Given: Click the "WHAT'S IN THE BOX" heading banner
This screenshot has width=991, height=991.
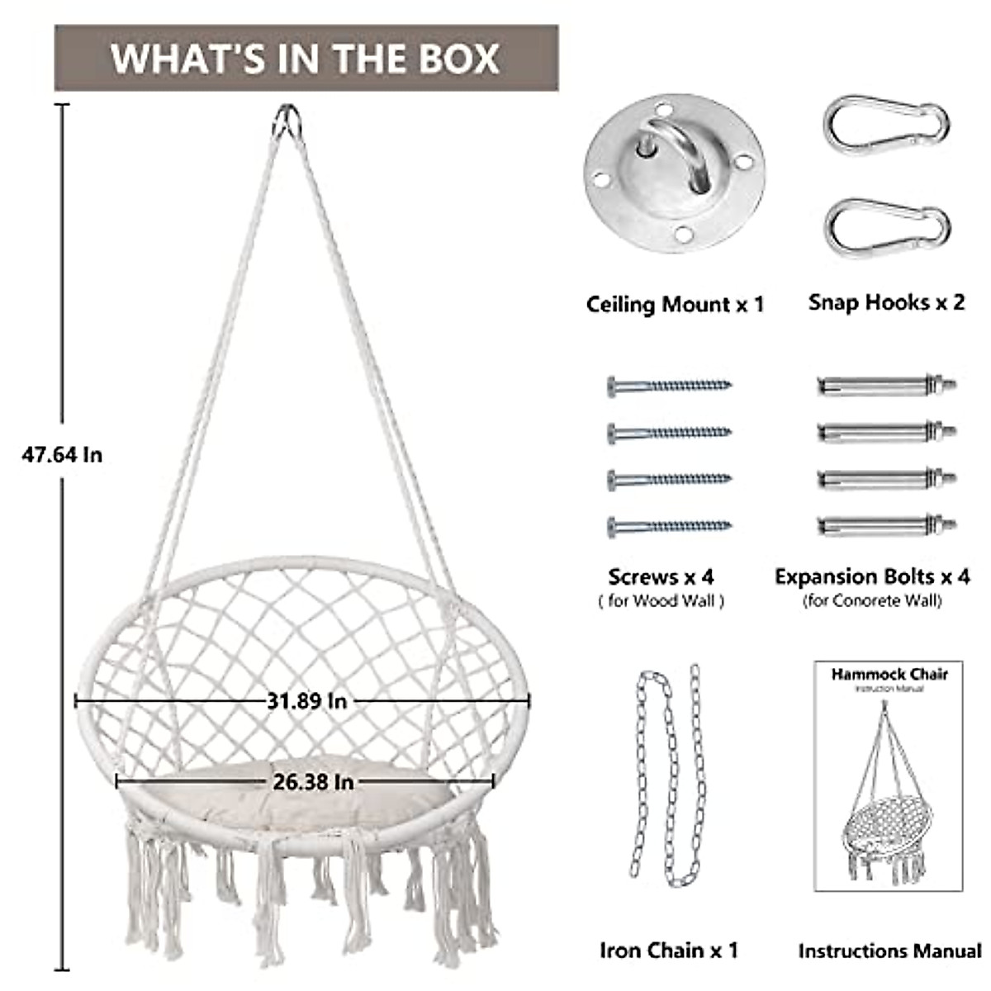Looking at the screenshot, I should tap(306, 58).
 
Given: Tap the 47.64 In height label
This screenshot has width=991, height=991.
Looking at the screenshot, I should tap(62, 454).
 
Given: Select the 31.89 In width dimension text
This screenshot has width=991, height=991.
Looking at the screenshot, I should tap(306, 701).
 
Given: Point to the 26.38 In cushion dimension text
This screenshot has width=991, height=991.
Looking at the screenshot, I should tap(312, 780).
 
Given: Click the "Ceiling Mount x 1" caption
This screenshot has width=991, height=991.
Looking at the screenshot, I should tap(675, 305).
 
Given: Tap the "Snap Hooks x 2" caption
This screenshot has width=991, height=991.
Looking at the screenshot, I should tap(886, 302).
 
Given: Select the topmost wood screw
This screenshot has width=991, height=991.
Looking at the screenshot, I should tap(669, 385).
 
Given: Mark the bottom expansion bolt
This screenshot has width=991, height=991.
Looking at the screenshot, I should tap(886, 525).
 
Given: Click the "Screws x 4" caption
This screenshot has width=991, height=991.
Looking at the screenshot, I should tap(661, 576).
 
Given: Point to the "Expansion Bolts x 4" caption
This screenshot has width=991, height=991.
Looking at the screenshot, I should tap(872, 576).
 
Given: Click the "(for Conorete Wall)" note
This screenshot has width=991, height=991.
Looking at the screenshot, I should tap(872, 601).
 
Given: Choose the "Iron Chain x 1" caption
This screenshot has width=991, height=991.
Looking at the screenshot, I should tap(669, 951).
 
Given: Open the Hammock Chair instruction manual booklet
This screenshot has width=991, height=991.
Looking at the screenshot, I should tap(889, 775).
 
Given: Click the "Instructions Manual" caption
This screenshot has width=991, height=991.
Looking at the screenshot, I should tap(889, 951).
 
